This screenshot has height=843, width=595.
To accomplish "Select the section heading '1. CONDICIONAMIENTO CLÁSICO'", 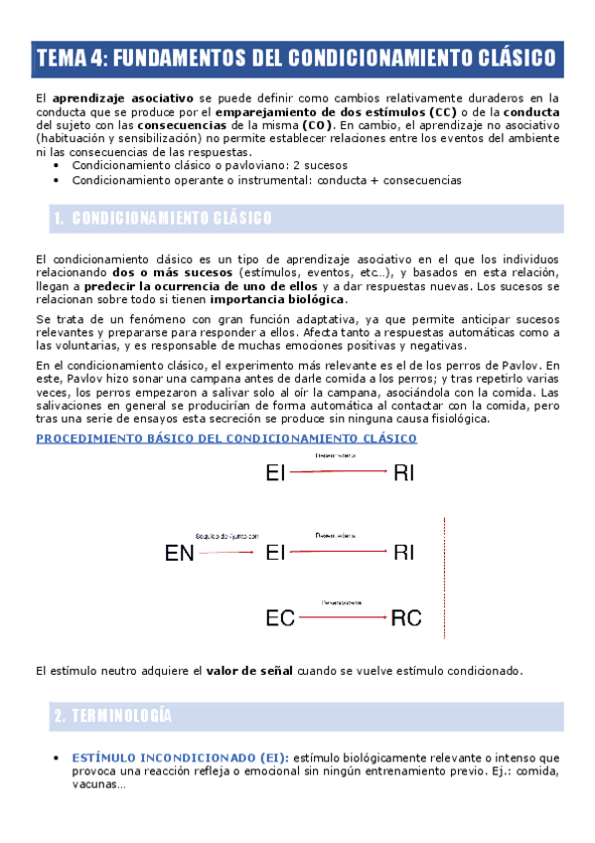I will [x=164, y=218].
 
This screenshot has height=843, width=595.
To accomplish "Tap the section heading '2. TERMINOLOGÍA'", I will [x=113, y=716].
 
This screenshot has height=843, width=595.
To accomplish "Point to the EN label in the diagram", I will [x=179, y=554].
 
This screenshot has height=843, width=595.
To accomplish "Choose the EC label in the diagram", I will [x=280, y=618].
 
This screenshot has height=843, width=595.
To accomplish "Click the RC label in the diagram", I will [x=406, y=618].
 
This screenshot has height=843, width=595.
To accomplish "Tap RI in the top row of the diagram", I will [x=403, y=474].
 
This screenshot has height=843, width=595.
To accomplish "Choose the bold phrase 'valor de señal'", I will [x=248, y=671].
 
